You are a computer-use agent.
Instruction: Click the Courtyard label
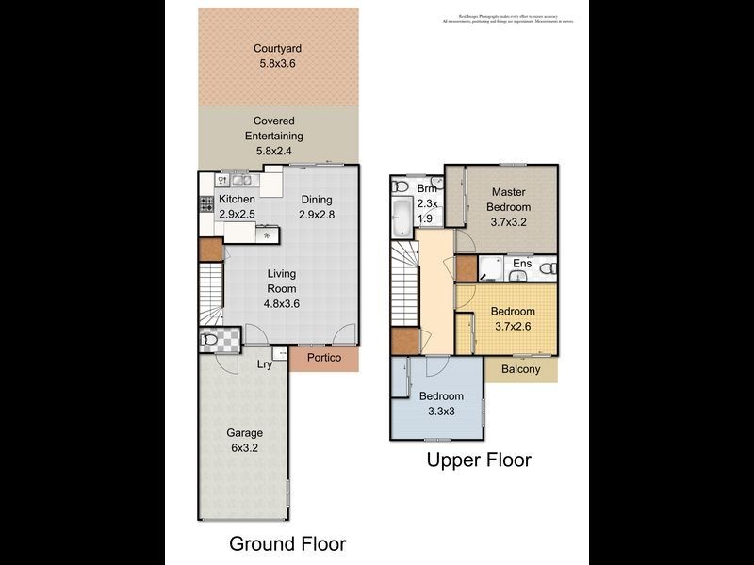[x=277, y=56]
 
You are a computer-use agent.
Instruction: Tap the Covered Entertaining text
[x=274, y=136]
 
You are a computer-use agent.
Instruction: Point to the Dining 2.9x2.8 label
[x=317, y=207]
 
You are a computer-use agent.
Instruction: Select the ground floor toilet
[x=209, y=340]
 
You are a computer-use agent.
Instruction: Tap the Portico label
[x=324, y=359]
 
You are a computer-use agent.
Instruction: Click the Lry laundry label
[x=265, y=363]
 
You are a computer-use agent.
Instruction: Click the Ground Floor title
[x=287, y=543]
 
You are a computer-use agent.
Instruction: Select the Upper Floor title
[x=479, y=460]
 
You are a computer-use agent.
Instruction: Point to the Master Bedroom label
[x=508, y=206]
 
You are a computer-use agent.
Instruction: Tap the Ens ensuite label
[x=521, y=264]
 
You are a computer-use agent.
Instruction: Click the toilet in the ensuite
[x=549, y=269]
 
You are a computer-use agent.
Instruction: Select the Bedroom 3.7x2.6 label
[x=512, y=319]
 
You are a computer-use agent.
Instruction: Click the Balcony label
[x=520, y=369]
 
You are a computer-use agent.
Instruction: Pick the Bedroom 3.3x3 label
[x=442, y=403]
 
